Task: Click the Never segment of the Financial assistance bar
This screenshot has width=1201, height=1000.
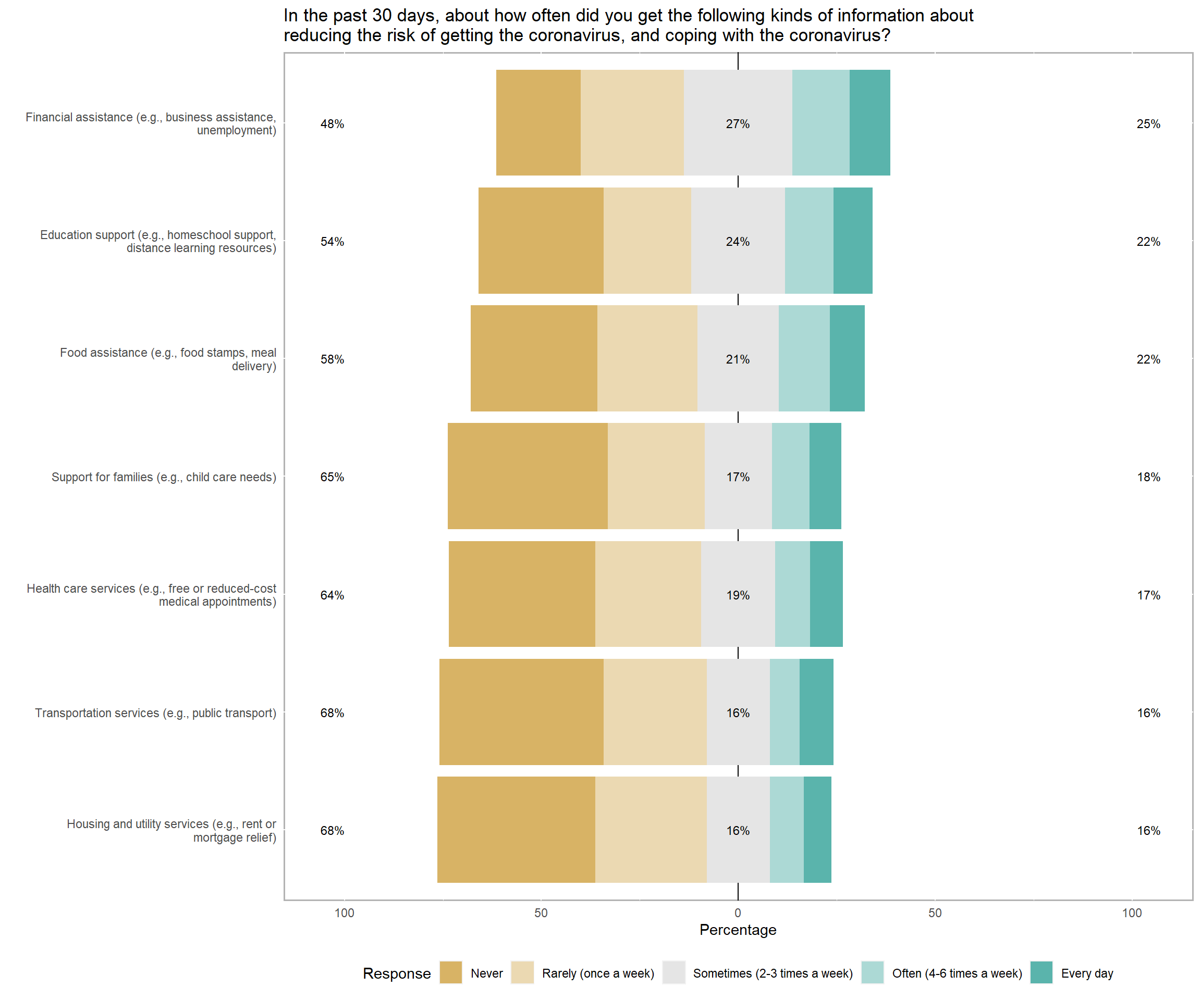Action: [538, 122]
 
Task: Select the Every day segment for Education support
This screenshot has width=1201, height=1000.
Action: [853, 241]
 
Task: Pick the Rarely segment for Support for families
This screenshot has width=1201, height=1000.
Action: [656, 476]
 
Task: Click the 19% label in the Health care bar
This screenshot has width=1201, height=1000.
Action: [738, 595]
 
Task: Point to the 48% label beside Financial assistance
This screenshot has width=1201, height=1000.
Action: [332, 124]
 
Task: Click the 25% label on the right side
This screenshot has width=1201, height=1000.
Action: [1148, 124]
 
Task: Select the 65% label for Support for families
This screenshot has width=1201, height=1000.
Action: [332, 477]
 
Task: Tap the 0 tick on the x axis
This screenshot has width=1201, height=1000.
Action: [738, 913]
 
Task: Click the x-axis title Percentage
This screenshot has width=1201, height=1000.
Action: [738, 930]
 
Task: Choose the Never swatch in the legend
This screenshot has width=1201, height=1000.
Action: [451, 973]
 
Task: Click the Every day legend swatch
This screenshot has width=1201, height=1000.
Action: [1041, 973]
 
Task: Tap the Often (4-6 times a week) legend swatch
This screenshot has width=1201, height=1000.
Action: [873, 973]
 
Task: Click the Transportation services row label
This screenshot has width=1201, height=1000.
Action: [155, 713]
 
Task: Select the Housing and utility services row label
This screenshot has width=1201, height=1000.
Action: [171, 831]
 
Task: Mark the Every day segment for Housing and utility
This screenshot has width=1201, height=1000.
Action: [817, 830]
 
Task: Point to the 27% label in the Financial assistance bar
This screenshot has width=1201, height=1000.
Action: [738, 124]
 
